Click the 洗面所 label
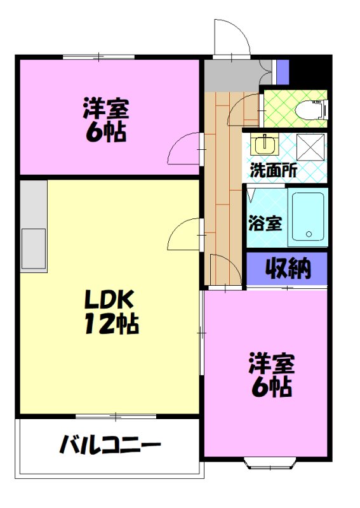click(x=273, y=170)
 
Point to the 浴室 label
click(x=265, y=224)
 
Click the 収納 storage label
click(x=288, y=269)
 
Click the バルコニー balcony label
click(x=110, y=444)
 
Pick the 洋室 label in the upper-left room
click(x=105, y=109)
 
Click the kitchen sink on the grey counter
click(x=34, y=248)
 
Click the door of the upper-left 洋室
click(x=183, y=150)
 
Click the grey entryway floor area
click(x=232, y=76)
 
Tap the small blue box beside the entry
click(x=283, y=71)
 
